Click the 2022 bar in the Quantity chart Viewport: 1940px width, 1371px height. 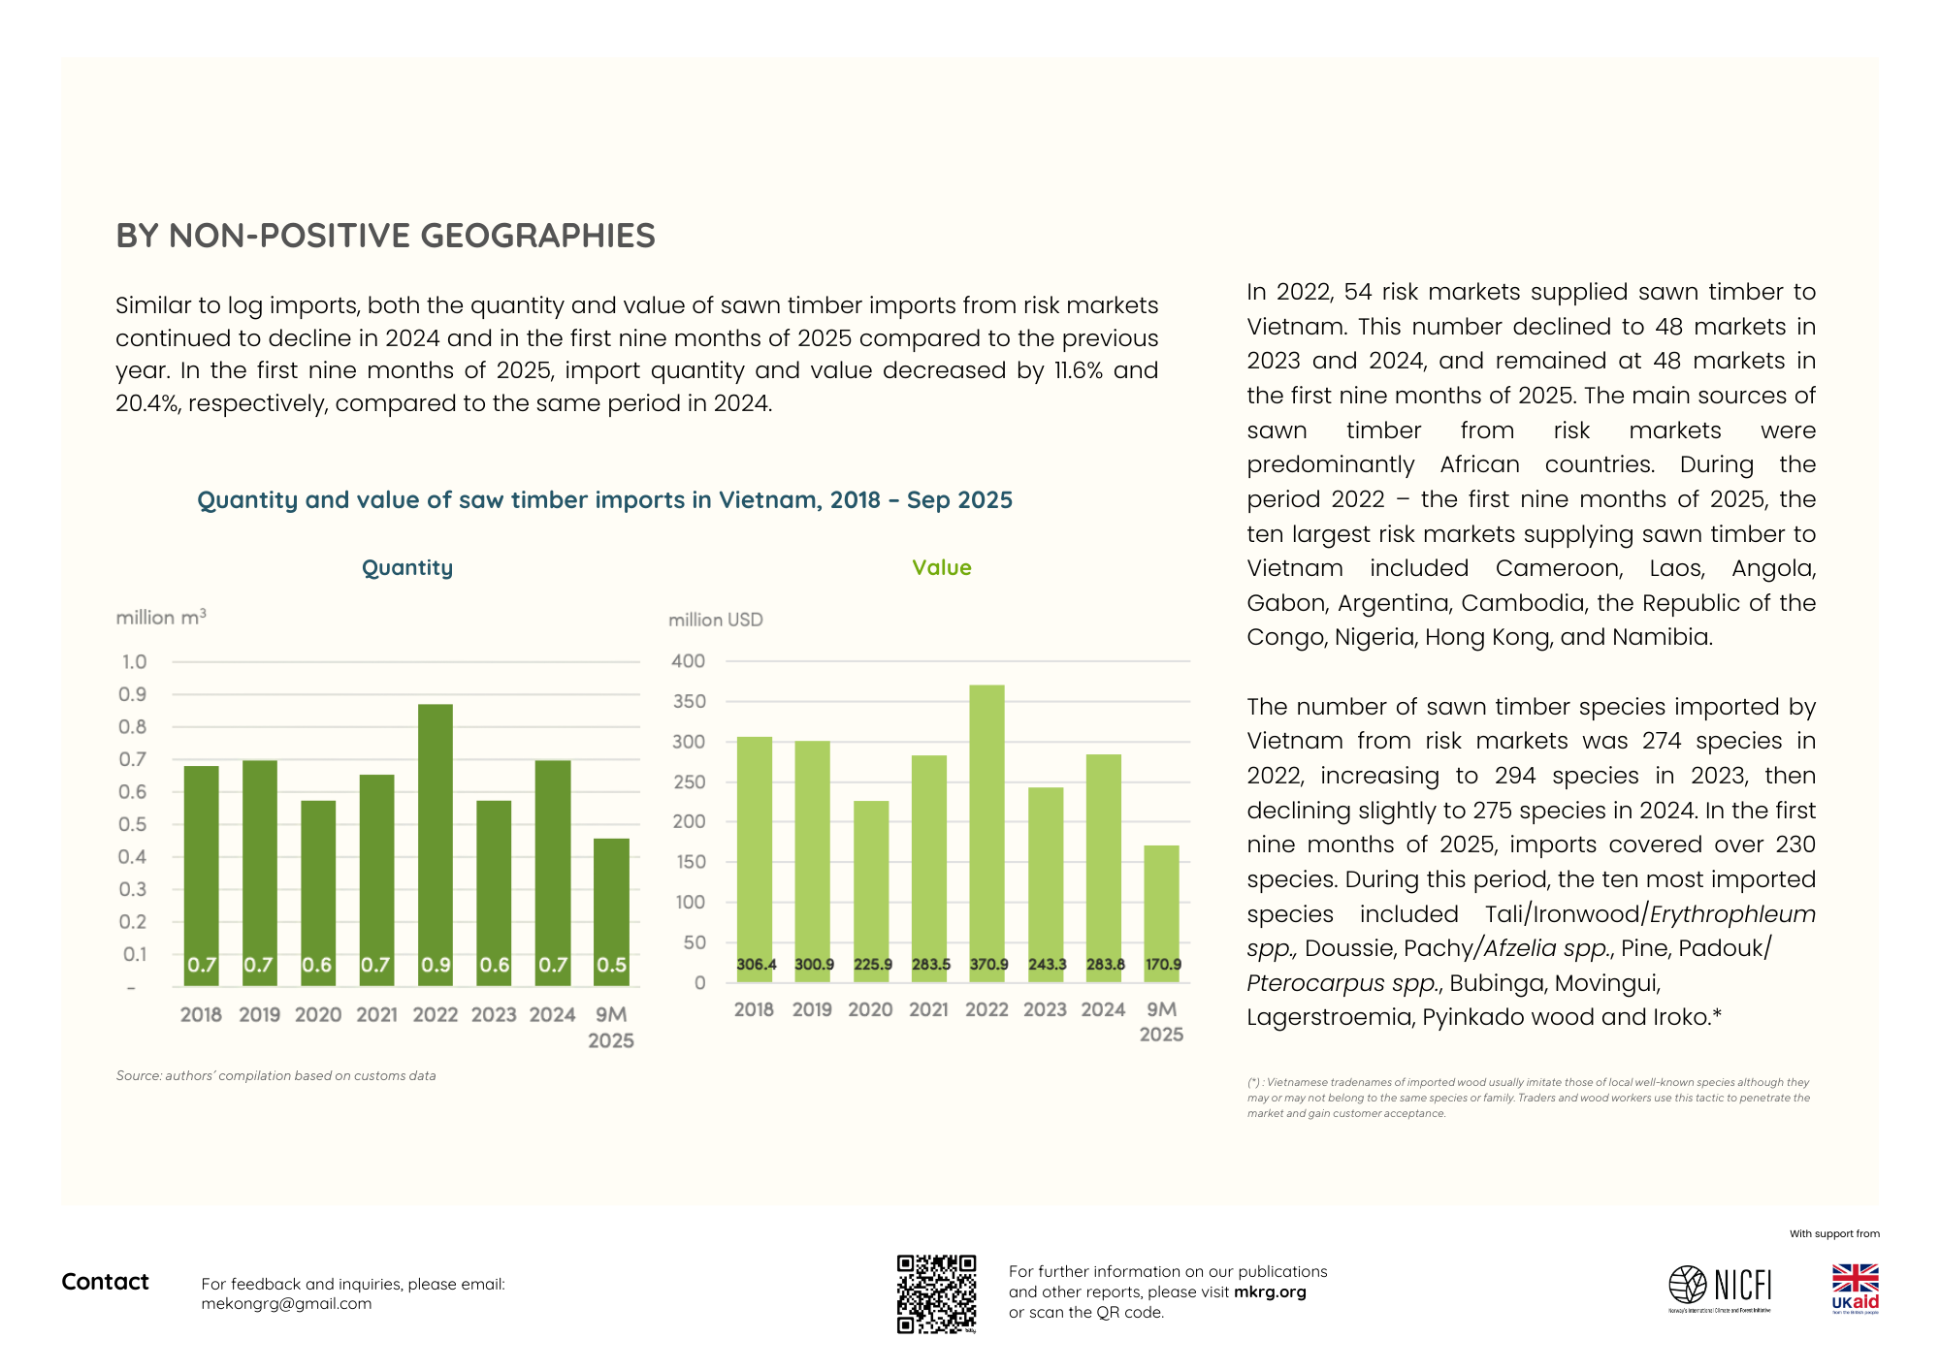(x=436, y=845)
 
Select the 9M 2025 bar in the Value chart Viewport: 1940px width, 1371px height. (x=1162, y=913)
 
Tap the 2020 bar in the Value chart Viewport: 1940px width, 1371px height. (x=871, y=891)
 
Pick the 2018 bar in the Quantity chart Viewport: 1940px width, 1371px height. (x=202, y=876)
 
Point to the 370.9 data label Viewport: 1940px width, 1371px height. (x=988, y=965)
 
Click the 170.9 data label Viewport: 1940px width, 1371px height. (x=1163, y=965)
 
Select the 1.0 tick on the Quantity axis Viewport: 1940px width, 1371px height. (x=134, y=661)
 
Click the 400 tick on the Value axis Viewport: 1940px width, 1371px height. (x=689, y=661)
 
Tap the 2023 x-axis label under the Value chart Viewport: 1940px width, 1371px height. (x=1045, y=1009)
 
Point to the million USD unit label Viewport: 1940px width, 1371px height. (x=716, y=620)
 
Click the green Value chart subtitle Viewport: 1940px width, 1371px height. (x=942, y=567)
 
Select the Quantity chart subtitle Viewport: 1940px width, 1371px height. (x=407, y=568)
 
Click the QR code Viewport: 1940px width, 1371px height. (x=936, y=1294)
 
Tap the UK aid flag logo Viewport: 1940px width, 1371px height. (x=1855, y=1289)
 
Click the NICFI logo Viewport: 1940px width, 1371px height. (x=1720, y=1288)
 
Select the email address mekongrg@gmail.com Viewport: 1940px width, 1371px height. (x=286, y=1304)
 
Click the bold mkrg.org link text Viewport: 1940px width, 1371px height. (x=1270, y=1291)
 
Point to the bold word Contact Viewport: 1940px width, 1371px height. (x=105, y=1282)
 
